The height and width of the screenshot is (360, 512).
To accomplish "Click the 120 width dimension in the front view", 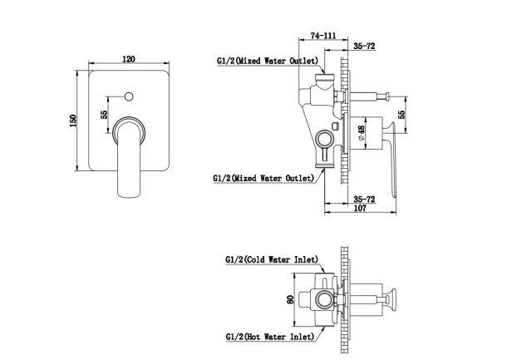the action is [x=128, y=59].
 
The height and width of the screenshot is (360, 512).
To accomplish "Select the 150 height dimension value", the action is [x=73, y=121].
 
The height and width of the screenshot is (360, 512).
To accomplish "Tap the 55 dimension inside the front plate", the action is [x=104, y=115].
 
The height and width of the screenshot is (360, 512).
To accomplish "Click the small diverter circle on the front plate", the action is [x=129, y=96].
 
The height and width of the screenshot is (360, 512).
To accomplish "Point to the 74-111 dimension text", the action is [x=323, y=35].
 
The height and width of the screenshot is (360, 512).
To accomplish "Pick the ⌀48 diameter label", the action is [x=361, y=133].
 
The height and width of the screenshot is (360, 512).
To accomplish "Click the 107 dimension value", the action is [x=360, y=208].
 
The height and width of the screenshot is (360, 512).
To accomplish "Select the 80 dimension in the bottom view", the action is [x=290, y=299].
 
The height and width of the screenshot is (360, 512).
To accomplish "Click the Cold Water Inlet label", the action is [x=272, y=259].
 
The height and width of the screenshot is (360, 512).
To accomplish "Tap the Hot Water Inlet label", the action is [x=270, y=337].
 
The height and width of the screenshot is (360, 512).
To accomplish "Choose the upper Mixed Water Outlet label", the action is [x=268, y=61].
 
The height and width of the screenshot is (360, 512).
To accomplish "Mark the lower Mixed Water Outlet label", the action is [x=263, y=179].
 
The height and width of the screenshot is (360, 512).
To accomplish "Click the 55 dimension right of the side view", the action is [x=401, y=114].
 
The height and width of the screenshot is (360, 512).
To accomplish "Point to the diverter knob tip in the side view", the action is [x=387, y=96].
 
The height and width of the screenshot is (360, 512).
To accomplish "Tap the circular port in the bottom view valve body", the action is [x=324, y=299].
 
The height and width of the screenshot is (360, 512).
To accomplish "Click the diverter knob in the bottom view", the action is [x=391, y=299].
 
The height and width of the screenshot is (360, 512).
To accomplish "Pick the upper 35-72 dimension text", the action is [x=364, y=46].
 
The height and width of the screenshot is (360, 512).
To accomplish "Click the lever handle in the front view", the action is [x=130, y=158].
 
